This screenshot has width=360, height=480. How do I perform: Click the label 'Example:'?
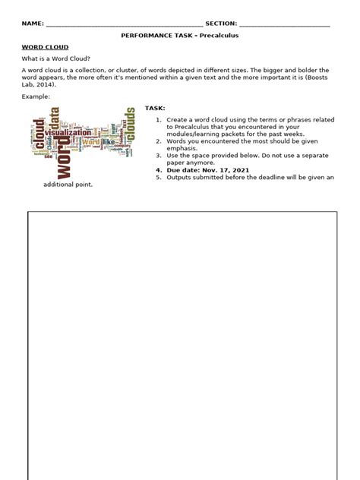tap(36, 97)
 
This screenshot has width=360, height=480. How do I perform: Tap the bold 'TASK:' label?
tap(155, 109)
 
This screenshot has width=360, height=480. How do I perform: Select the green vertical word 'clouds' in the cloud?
tap(130, 125)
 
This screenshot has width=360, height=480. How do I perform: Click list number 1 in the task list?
tap(158, 120)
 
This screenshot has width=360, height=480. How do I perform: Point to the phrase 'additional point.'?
tap(68, 185)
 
